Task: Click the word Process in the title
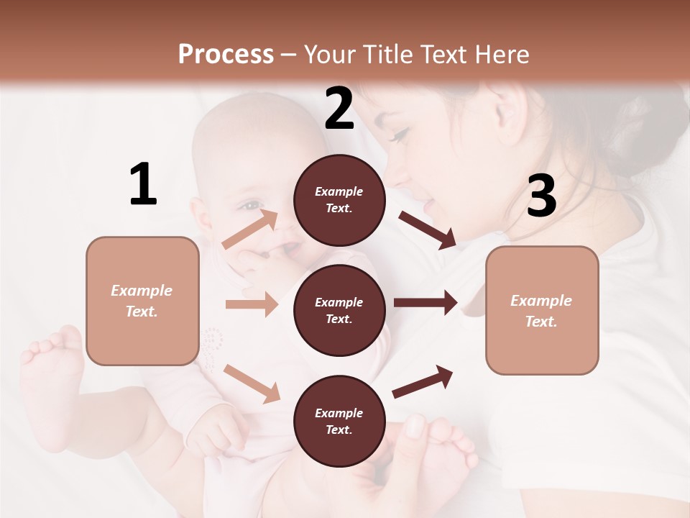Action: (226, 54)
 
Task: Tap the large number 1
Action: (143, 184)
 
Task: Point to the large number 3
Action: (541, 196)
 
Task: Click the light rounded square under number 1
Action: (142, 301)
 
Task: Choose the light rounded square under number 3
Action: (542, 310)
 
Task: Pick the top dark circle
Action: (339, 200)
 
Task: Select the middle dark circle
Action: (339, 310)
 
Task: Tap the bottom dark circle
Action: (339, 421)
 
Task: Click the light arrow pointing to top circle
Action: (250, 228)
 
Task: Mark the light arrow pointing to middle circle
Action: (252, 304)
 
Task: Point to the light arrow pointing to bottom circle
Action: (252, 383)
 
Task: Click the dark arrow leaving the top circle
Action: (427, 230)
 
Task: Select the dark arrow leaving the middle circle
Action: (425, 303)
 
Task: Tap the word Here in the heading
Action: (501, 54)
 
